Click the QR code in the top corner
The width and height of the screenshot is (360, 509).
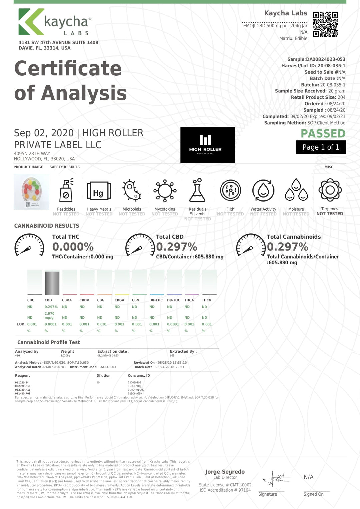[325, 24]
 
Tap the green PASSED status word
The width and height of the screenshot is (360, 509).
[323, 133]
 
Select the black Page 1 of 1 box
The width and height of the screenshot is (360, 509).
[321, 147]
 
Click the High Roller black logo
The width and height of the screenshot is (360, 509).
[207, 145]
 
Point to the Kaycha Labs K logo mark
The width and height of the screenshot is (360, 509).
[31, 22]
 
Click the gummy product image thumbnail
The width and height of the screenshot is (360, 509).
[31, 192]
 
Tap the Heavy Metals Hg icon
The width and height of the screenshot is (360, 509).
[99, 191]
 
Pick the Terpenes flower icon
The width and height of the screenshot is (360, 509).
[330, 190]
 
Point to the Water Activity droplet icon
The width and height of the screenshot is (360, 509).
[263, 190]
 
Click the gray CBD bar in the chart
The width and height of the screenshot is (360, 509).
[52, 283]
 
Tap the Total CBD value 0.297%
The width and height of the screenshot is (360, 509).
[177, 247]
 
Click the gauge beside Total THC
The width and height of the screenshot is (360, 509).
[29, 245]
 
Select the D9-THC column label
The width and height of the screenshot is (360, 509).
[173, 300]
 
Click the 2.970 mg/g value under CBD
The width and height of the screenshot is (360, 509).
[49, 315]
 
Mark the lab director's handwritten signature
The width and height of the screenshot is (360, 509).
[274, 479]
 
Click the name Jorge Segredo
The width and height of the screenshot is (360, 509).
[225, 472]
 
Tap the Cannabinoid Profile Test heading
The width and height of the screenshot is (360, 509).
[49, 342]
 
